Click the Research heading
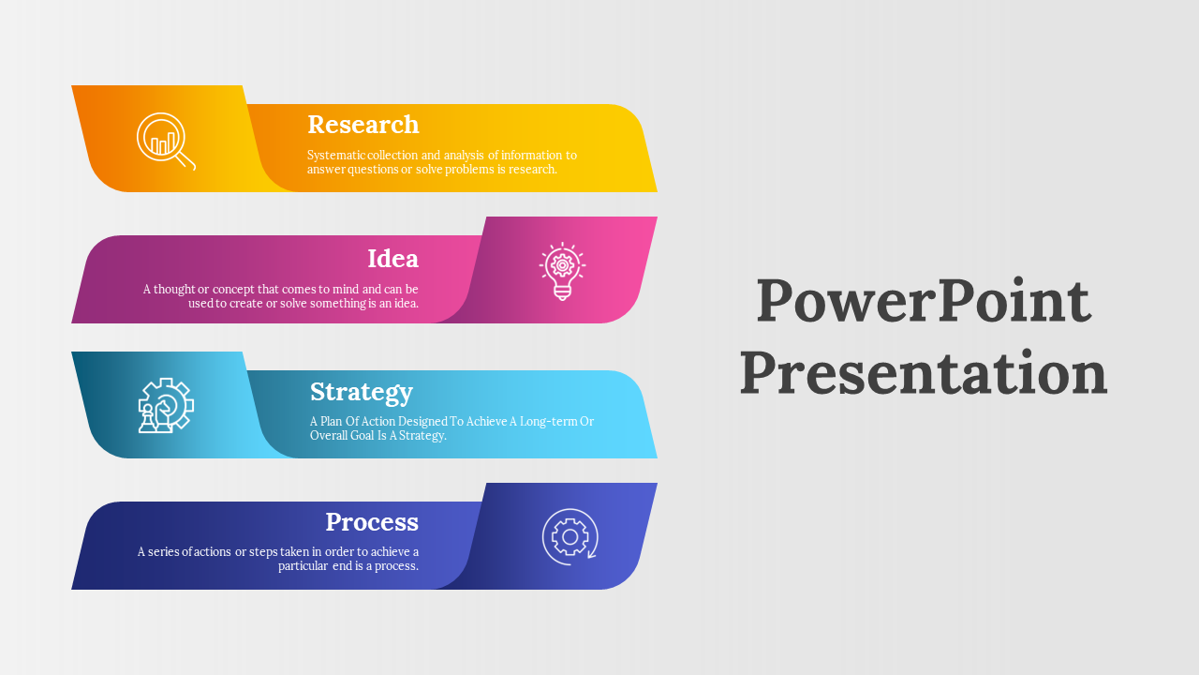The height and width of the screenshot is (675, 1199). (x=363, y=125)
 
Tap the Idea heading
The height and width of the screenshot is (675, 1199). (x=392, y=259)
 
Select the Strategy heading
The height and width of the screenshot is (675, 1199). (x=362, y=393)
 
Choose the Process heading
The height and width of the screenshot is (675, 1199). (x=372, y=522)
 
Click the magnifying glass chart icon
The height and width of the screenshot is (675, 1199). (x=166, y=142)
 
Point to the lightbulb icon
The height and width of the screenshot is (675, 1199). (x=562, y=271)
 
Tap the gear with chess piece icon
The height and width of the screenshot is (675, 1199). (x=166, y=406)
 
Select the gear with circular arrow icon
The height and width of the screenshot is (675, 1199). (x=570, y=537)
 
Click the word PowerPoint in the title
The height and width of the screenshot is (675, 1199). (x=924, y=301)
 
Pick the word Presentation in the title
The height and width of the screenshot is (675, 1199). (x=924, y=373)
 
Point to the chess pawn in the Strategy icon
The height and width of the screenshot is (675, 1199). (x=147, y=419)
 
